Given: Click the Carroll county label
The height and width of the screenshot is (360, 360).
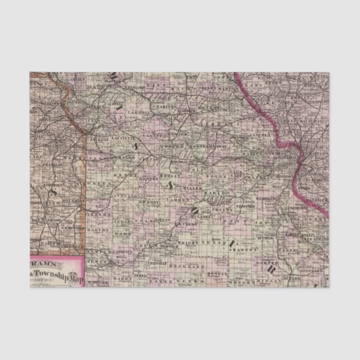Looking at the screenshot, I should (142, 112).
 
